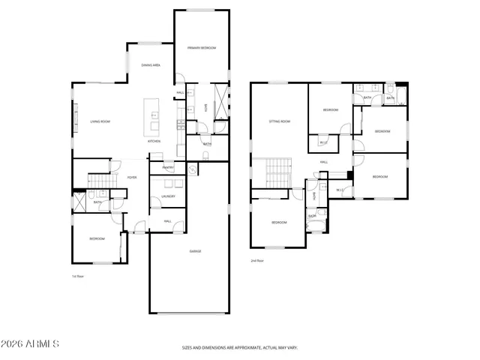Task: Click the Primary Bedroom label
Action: point(202,48)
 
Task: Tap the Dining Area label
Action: point(151,65)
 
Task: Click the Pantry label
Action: point(168,167)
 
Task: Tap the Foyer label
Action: point(131,177)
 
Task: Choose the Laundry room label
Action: point(168,196)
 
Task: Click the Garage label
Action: point(194,250)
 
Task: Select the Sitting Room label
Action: point(280,121)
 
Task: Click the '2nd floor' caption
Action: point(257,261)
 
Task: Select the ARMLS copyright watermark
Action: point(30,344)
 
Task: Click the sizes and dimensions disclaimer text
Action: point(239,348)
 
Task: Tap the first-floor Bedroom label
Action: point(97,238)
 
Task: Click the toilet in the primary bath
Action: point(205,155)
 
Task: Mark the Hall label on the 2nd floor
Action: point(324,161)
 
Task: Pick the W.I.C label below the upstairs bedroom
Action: point(322,142)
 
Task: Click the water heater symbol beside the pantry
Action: point(192,169)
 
